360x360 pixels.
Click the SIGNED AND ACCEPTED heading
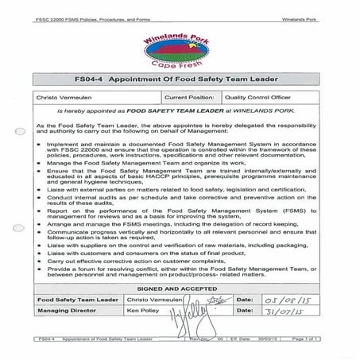[182, 290]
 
